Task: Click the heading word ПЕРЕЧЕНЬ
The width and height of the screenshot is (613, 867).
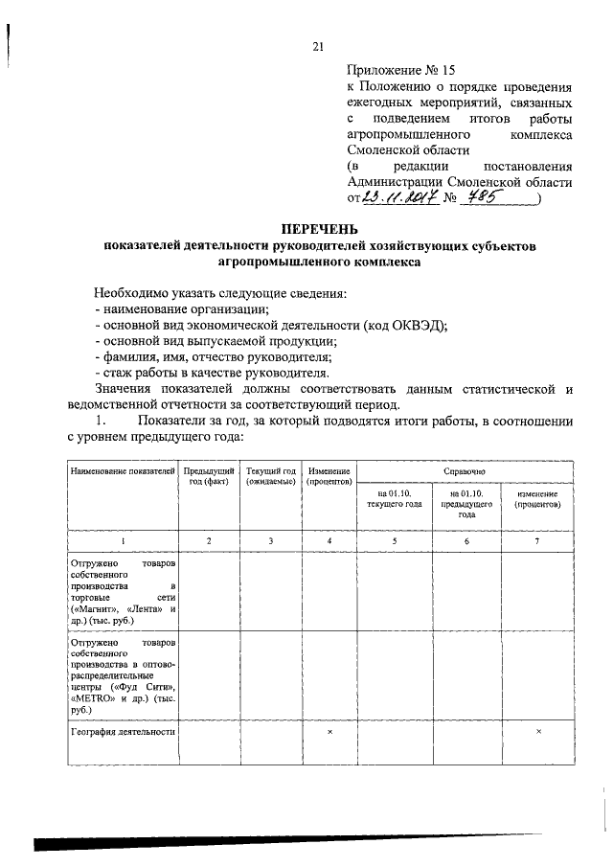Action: tap(320, 229)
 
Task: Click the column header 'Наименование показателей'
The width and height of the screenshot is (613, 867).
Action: tap(122, 472)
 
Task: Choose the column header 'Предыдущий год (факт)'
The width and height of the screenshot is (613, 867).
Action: tap(209, 477)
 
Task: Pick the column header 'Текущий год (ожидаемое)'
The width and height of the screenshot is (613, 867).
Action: tap(270, 477)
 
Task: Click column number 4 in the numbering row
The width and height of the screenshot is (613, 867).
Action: tap(329, 542)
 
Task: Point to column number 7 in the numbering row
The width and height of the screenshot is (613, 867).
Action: tap(536, 542)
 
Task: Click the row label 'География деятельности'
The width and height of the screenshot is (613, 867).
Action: tap(122, 731)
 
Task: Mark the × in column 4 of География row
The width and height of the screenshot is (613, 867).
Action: tap(329, 731)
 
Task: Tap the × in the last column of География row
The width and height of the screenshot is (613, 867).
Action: tap(537, 731)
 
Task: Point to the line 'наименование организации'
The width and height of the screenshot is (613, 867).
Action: tap(182, 308)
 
